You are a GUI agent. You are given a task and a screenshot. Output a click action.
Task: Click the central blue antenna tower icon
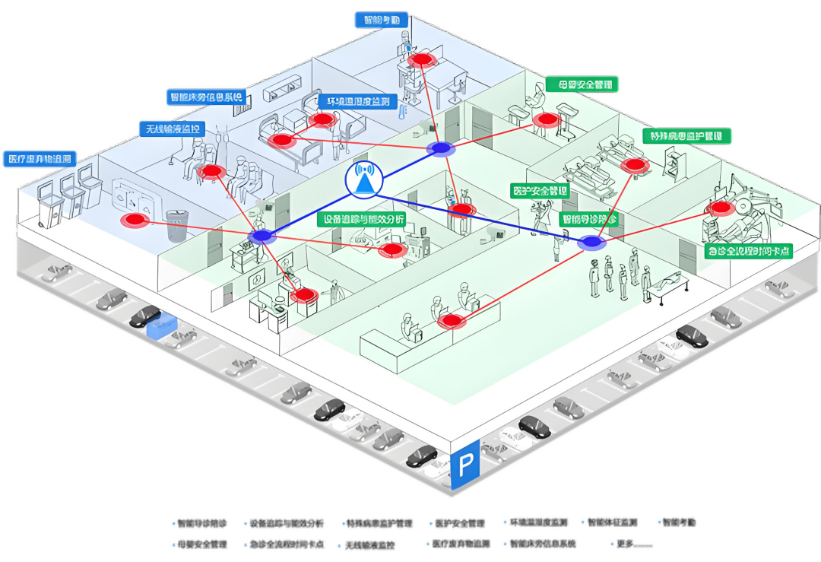pos(363,179)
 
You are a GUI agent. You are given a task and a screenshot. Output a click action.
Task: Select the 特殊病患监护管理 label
pos(688,136)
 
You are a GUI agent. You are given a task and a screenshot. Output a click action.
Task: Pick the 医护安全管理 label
pos(541,189)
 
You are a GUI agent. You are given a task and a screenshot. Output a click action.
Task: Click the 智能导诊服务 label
pos(589,218)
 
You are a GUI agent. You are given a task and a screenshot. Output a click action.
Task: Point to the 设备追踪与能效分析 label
pos(361,219)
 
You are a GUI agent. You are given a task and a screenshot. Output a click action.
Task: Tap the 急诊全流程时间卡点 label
pos(748,250)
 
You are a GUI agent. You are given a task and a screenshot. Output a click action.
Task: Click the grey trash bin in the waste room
pos(177,226)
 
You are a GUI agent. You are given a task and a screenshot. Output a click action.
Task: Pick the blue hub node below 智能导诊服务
pos(591,243)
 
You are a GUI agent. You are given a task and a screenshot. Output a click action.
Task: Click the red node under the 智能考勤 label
pos(420,59)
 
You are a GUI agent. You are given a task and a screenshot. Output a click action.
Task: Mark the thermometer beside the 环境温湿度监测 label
pos(400,113)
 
